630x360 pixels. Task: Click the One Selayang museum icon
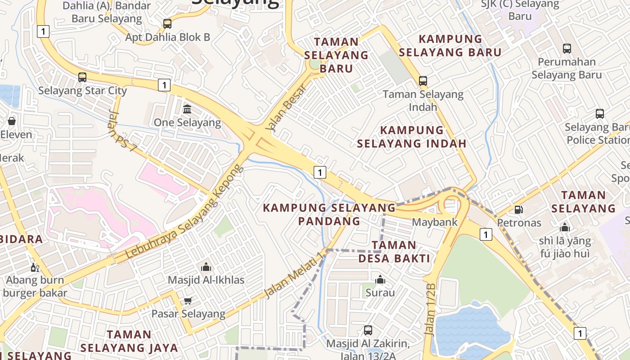[187, 109]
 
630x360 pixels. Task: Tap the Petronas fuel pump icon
[518, 209]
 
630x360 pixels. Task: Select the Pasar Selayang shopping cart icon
[188, 300]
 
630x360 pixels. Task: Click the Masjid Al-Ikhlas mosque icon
[206, 267]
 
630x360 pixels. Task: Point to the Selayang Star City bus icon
[82, 77]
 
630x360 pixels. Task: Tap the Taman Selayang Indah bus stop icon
[423, 81]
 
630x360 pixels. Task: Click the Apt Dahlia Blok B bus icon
[167, 24]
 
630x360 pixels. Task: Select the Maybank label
[435, 222]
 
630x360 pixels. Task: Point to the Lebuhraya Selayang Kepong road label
[185, 211]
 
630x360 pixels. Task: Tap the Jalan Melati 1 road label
[295, 275]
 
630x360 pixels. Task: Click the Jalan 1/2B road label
[430, 310]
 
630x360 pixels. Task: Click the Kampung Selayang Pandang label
[329, 214]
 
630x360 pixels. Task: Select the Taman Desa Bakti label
[394, 252]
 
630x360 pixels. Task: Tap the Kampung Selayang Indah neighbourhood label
[412, 137]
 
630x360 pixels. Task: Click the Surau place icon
[380, 280]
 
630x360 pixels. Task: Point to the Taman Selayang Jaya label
[129, 341]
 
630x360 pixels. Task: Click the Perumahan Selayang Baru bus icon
[567, 49]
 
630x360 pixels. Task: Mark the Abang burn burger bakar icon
[35, 268]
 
